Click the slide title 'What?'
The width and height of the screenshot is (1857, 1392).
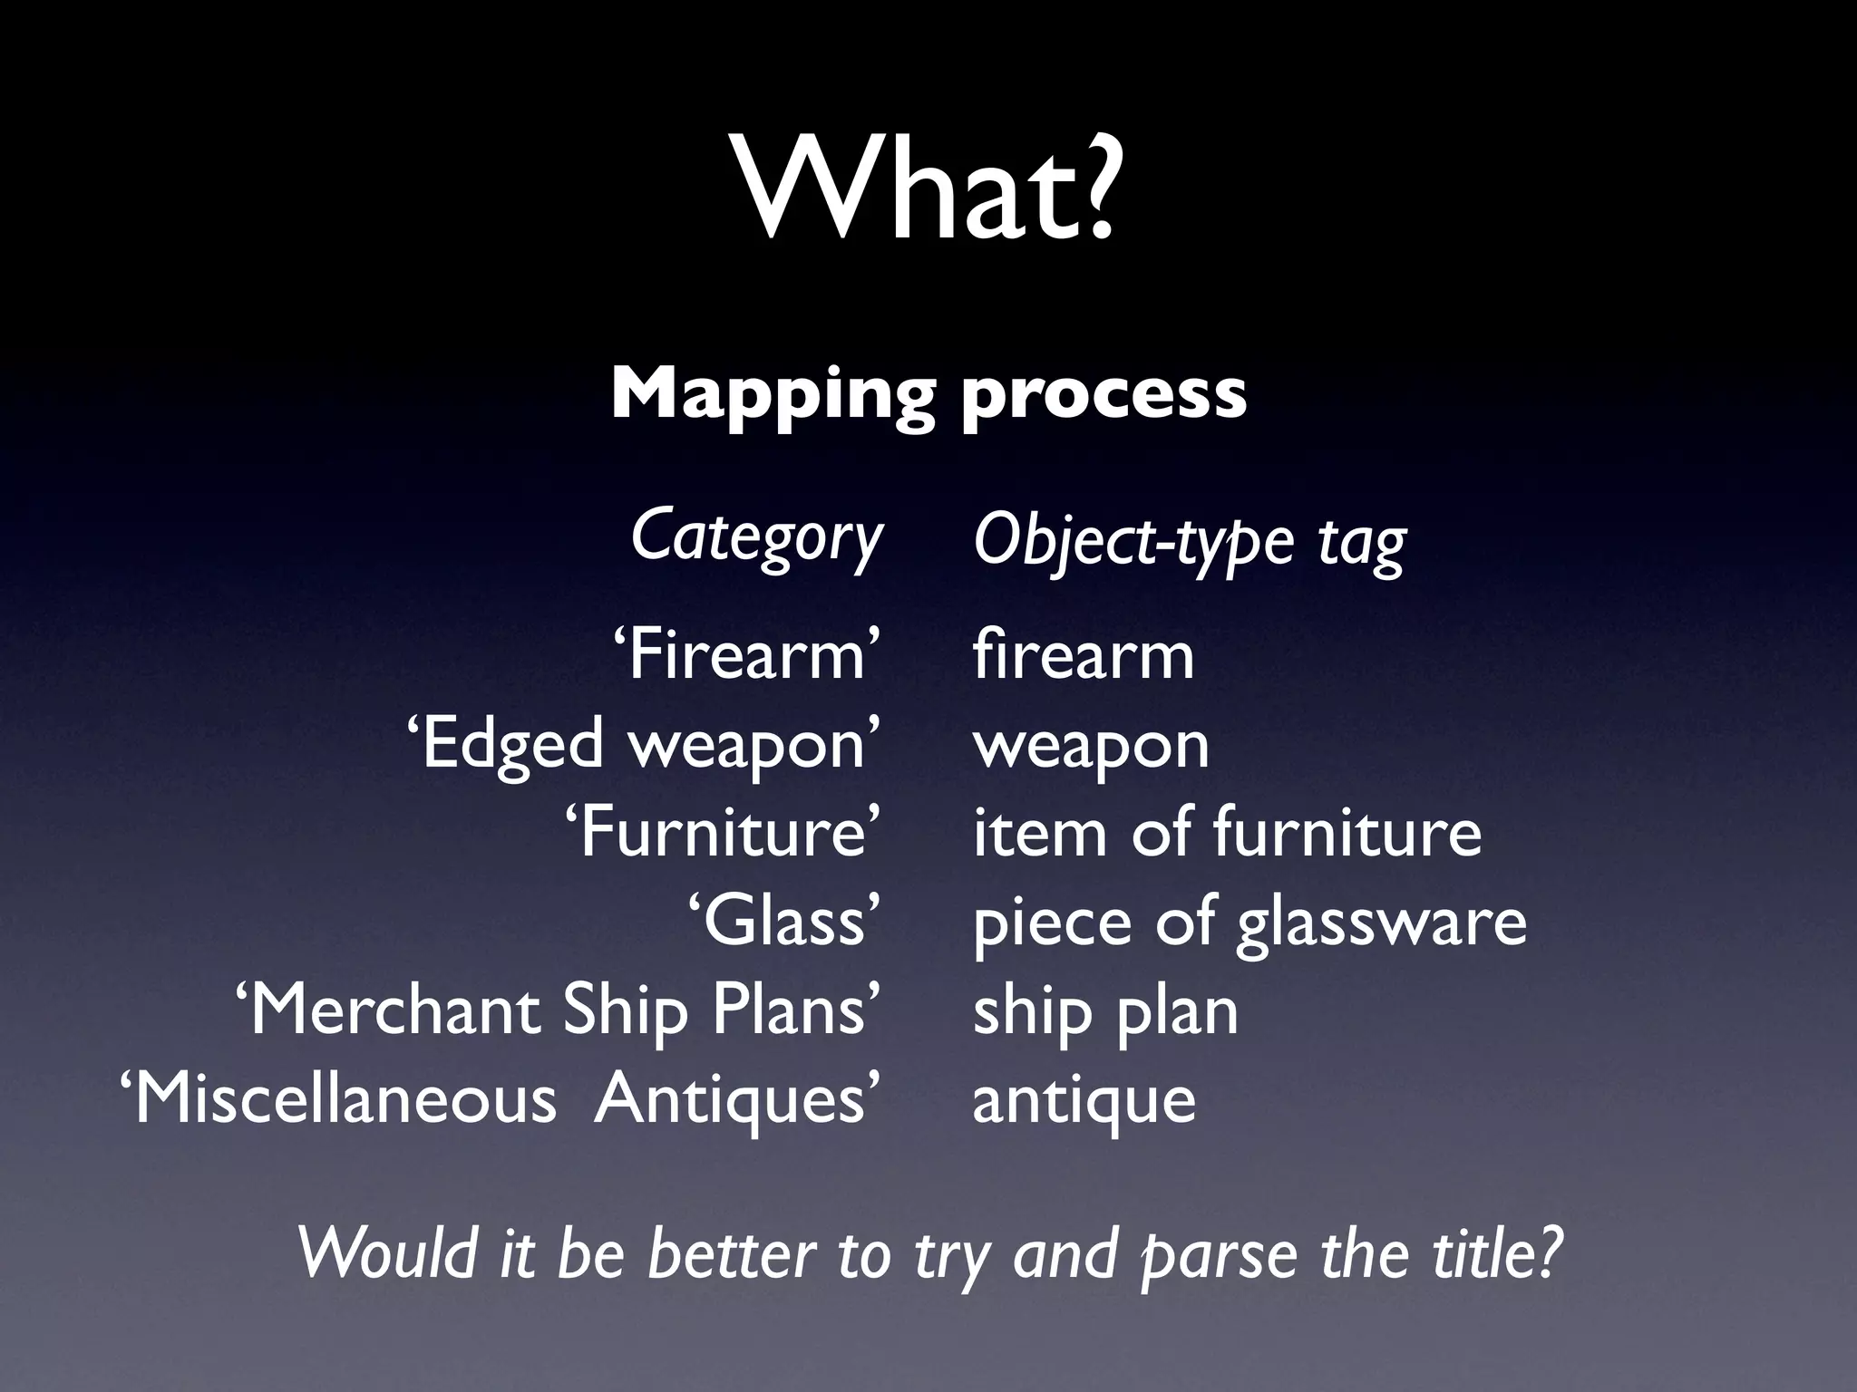(x=928, y=189)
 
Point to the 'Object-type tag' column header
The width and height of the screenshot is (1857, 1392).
(x=1189, y=541)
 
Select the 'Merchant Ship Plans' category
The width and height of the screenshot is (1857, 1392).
(x=558, y=1010)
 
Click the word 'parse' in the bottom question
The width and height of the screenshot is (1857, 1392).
(x=1219, y=1255)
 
